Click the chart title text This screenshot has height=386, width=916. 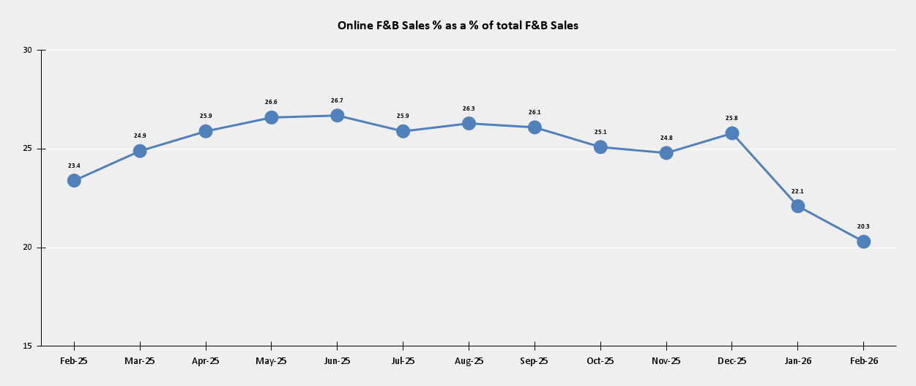(x=458, y=26)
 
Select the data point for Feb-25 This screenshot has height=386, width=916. (x=74, y=180)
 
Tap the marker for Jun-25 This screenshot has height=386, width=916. (x=337, y=115)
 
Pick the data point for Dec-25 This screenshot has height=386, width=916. (x=731, y=133)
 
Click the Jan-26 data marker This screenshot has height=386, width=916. (x=797, y=206)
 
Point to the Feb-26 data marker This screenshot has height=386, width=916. (x=863, y=242)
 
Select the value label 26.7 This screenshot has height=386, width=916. (x=337, y=100)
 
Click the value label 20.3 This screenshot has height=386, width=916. (x=863, y=226)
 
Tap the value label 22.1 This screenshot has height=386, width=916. (x=797, y=191)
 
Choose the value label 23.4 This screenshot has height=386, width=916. (x=74, y=166)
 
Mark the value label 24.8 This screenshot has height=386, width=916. (x=666, y=138)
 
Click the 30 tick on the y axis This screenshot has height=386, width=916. (x=28, y=50)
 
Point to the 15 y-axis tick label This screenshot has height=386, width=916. (x=28, y=346)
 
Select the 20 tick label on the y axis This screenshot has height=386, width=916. (x=28, y=248)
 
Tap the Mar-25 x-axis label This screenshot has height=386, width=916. (x=140, y=361)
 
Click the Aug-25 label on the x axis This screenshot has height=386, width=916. (x=469, y=361)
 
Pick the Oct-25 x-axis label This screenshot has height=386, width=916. (x=600, y=361)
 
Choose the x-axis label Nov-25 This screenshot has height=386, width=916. (x=666, y=361)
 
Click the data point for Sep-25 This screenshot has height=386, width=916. (x=535, y=127)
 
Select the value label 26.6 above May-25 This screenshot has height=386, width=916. (x=271, y=103)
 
